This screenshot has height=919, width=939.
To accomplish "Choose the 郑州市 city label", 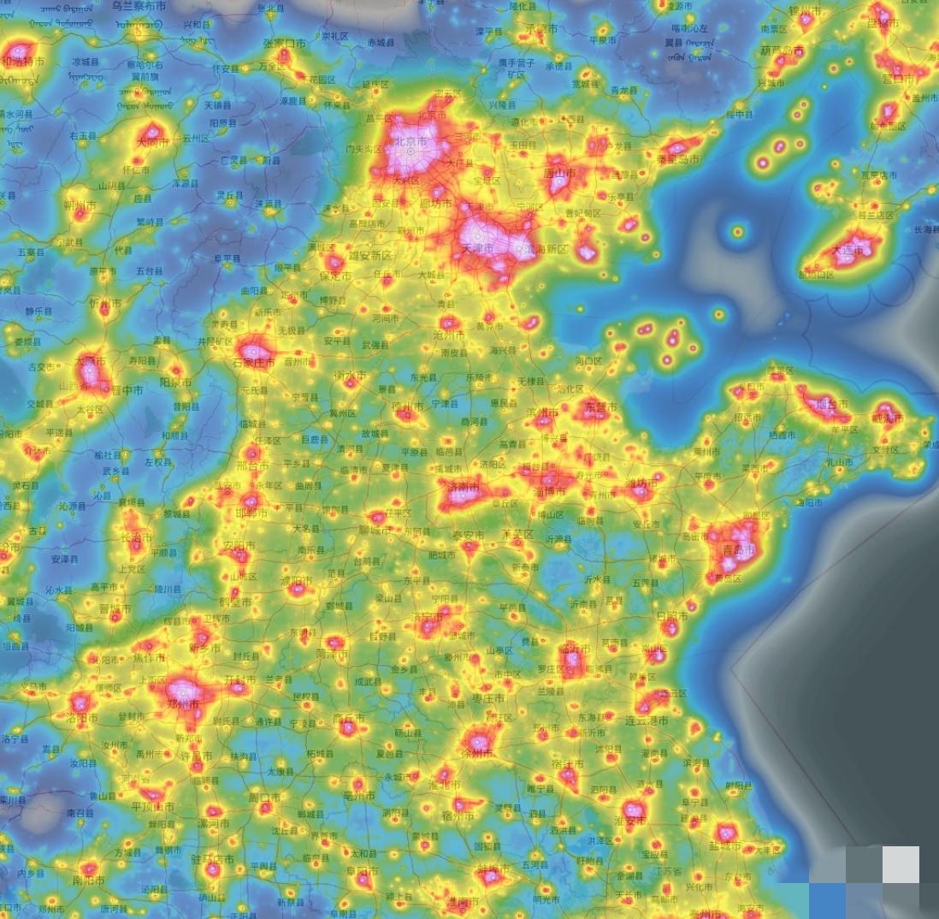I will tap(184, 703).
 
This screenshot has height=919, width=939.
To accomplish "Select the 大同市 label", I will tap(152, 143).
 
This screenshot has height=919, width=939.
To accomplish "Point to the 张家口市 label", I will tap(284, 44).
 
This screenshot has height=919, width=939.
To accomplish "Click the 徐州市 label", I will tap(475, 753).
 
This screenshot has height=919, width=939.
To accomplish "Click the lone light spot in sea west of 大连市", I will tap(737, 230).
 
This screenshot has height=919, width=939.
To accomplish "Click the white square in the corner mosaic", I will tap(901, 864).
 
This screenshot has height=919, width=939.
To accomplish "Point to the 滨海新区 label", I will tap(546, 249).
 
